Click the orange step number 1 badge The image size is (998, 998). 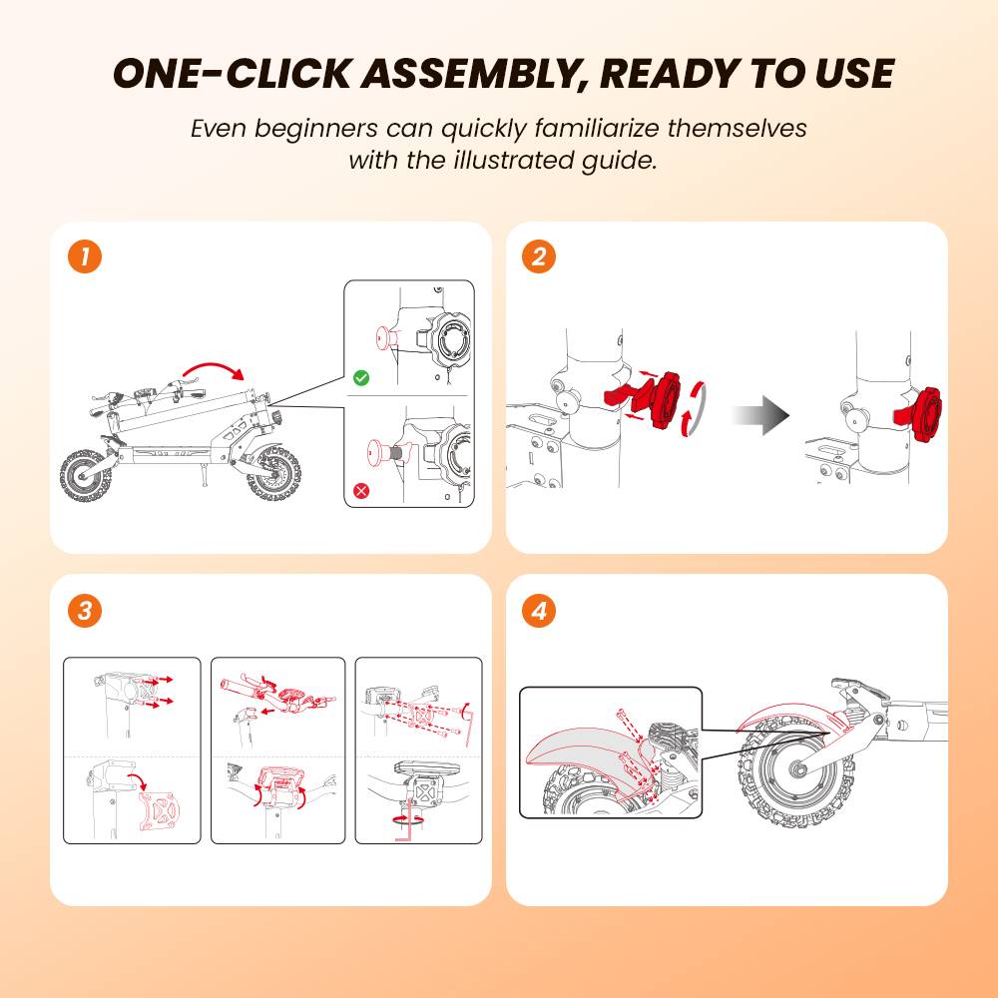(85, 257)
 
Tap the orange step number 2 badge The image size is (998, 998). (539, 257)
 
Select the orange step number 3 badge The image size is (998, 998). (85, 611)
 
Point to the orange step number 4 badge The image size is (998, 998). (539, 611)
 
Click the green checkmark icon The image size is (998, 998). (361, 378)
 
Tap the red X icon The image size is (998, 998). (361, 491)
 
